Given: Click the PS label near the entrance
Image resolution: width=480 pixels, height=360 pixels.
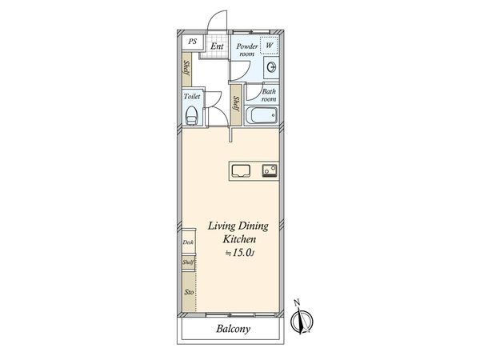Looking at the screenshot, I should click(x=192, y=42).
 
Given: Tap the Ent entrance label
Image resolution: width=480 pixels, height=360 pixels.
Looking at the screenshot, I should click(x=217, y=46).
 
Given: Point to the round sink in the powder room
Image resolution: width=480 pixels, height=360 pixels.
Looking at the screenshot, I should click(x=270, y=67).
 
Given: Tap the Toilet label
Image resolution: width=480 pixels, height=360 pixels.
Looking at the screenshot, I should click(x=192, y=96).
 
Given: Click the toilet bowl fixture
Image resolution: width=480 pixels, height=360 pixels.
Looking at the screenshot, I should click(x=191, y=114).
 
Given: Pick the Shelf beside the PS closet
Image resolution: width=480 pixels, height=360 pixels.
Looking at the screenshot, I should click(x=186, y=70).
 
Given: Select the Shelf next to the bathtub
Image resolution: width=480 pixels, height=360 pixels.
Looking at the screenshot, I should click(x=237, y=104).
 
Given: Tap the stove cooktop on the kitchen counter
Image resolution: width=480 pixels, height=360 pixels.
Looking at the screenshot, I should click(x=268, y=170).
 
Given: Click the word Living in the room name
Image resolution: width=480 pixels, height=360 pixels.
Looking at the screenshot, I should click(x=224, y=226).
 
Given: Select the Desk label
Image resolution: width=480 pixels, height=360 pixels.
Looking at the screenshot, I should click(x=188, y=242).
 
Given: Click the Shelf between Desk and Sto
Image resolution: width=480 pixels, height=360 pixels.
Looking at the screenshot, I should click(x=188, y=262).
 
